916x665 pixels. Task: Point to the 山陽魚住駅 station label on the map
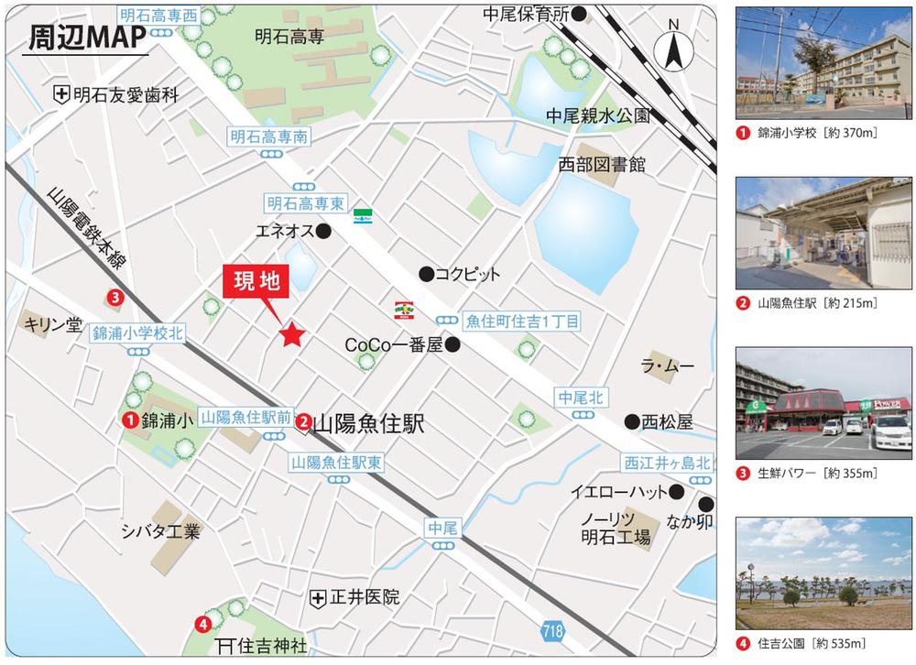370,424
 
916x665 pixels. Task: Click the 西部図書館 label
602,165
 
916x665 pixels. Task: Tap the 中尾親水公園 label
597,115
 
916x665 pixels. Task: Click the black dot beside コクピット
425,273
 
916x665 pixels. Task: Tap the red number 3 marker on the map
114,296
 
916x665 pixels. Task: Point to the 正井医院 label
364,598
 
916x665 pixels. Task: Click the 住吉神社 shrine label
270,646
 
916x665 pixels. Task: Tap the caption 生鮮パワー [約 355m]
817,474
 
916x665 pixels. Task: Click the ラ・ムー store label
667,366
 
